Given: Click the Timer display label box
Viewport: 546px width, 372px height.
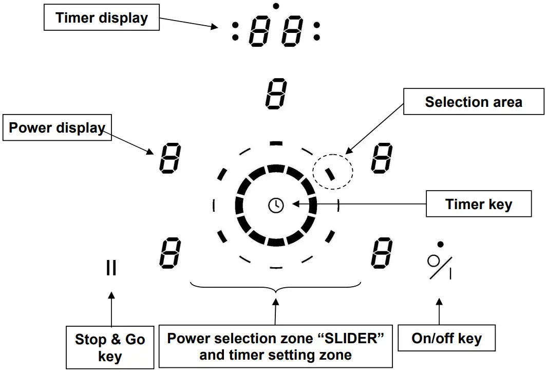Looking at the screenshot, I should tap(102, 18).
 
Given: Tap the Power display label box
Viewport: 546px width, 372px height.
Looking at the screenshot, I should tap(57, 128).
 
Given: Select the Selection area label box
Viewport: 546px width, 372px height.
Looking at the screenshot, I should tap(473, 102).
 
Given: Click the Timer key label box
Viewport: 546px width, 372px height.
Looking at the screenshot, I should tap(479, 204).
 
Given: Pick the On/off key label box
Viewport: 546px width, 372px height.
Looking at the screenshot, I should tap(446, 339).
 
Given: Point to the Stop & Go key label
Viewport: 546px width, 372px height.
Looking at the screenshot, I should tap(110, 347).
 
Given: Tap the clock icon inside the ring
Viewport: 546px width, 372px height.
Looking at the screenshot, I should tap(276, 205).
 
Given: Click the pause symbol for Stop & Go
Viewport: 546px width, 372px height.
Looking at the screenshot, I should tap(111, 268).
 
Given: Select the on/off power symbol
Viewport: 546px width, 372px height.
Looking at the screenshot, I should tap(439, 267).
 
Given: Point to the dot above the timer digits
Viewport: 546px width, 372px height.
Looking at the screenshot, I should tap(276, 6).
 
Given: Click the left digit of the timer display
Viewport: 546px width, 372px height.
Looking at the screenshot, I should tap(259, 31).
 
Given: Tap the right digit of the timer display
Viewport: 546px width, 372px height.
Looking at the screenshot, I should tap(292, 31).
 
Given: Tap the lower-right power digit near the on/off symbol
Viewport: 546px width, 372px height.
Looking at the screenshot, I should tap(382, 253).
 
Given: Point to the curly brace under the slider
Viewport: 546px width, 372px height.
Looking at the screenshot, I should tap(276, 288).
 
